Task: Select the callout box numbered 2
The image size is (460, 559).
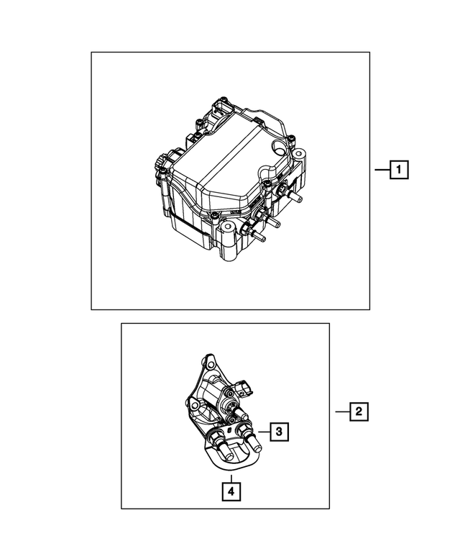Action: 357,412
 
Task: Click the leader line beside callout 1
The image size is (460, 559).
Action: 382,171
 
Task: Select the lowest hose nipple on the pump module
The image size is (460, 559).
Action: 260,235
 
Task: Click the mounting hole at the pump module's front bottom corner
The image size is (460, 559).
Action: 229,229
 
